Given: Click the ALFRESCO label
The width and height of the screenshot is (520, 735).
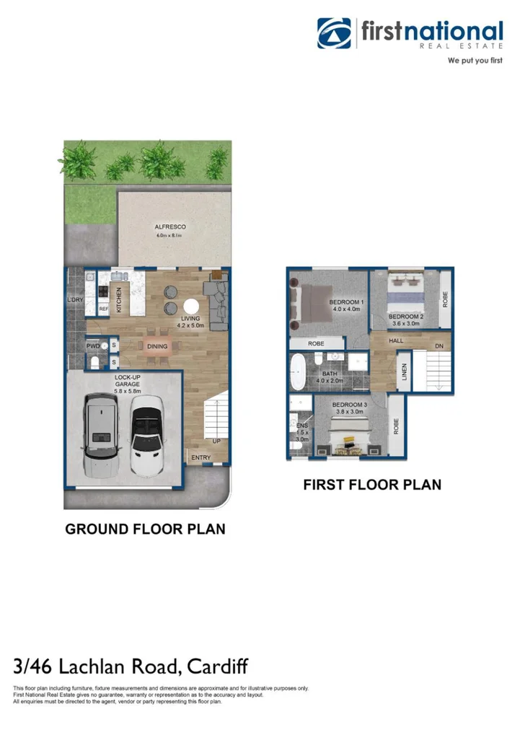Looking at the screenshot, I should (x=170, y=227).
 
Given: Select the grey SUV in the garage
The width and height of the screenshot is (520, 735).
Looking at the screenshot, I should (x=101, y=436).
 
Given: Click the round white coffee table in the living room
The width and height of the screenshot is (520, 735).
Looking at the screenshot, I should (x=191, y=307).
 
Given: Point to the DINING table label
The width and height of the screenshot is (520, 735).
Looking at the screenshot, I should (x=157, y=347).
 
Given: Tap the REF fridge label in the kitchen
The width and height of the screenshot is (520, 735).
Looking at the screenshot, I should (x=103, y=309).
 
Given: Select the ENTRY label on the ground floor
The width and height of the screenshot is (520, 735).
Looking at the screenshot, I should (x=201, y=458).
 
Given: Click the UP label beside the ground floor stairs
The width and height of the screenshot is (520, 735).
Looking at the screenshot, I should (x=216, y=441).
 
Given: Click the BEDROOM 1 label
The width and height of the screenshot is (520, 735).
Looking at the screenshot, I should (x=346, y=302).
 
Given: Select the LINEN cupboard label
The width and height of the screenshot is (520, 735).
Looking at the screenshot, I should (x=405, y=371).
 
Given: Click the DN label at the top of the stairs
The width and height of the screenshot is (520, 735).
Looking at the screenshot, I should (x=439, y=347).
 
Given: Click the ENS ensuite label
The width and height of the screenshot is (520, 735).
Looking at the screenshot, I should (x=301, y=426).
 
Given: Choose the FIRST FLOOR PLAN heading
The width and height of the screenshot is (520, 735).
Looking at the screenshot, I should (x=371, y=485).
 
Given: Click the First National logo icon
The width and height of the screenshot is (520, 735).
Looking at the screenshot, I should (x=334, y=33).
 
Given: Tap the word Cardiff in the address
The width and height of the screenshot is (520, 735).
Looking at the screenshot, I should (x=219, y=666).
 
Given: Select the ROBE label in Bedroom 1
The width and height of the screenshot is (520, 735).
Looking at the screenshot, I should (x=316, y=344).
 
